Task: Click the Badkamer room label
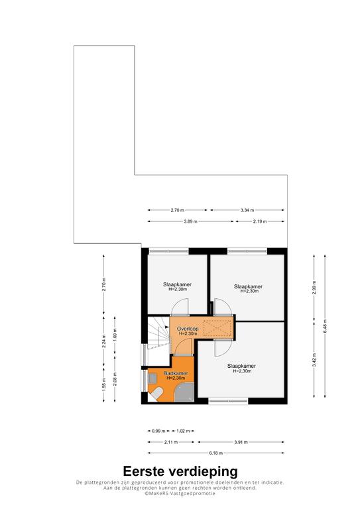point(176,373)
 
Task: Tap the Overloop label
point(188,329)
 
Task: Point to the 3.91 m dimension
point(241,442)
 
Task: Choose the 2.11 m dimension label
point(171,442)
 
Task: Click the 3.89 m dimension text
point(190,221)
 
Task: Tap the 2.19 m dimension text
point(260,221)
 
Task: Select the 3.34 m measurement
point(247,210)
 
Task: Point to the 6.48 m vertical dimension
point(325,326)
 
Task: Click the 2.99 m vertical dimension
point(314,286)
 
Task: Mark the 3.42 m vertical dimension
point(314,360)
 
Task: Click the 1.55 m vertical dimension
point(104,385)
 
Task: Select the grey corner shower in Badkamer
point(184,392)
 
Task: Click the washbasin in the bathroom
point(152,378)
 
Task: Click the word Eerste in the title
point(143,471)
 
